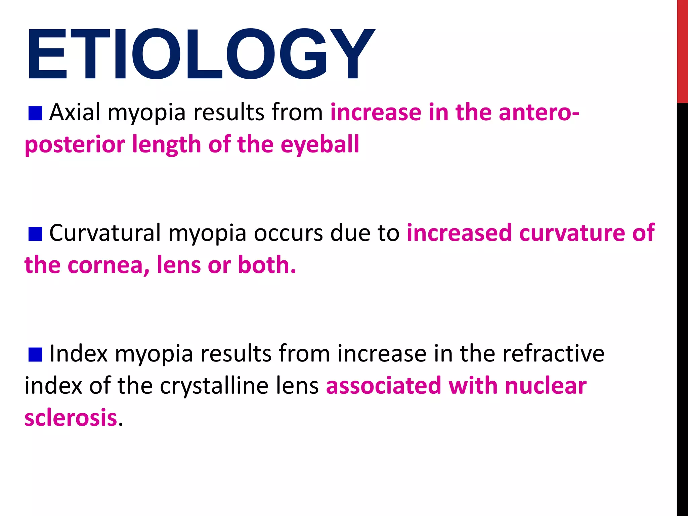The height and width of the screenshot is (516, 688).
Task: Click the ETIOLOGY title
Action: [200, 54]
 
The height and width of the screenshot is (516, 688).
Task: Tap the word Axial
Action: [75, 112]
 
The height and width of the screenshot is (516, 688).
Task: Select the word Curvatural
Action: [105, 232]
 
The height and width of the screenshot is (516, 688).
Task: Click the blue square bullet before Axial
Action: [35, 114]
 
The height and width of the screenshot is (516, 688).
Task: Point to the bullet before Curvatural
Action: [35, 234]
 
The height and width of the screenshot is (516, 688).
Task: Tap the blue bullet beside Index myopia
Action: [35, 355]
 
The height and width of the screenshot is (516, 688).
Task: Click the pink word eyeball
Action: [320, 144]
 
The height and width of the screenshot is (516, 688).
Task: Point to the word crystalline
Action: [215, 386]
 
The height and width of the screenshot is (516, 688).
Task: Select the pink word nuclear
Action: [546, 386]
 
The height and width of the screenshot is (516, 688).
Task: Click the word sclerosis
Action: [71, 418]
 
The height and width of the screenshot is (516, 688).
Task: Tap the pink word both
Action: [267, 265]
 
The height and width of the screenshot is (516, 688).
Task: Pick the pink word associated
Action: [383, 386]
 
